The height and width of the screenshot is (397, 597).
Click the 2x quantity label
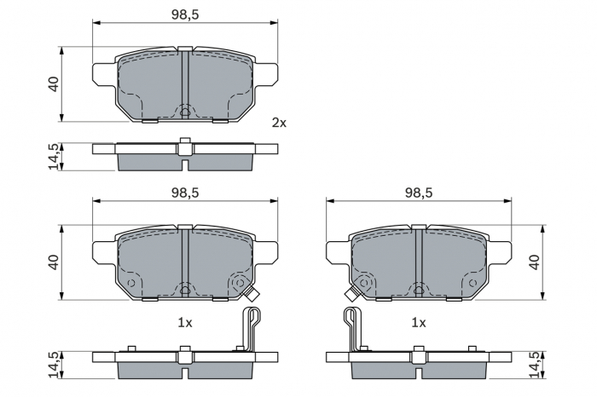279,123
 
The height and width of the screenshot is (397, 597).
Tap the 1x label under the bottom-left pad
185,323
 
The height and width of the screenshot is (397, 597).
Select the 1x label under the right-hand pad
419,323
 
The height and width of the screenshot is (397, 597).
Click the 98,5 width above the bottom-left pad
185,193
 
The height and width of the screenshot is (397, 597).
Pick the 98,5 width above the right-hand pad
419,193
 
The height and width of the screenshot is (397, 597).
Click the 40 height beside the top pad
54,84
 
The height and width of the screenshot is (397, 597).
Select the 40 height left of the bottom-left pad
54,262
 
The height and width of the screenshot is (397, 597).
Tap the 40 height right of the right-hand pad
535,262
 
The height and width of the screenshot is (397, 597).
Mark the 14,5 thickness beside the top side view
54,157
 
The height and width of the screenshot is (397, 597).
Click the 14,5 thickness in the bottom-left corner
54,364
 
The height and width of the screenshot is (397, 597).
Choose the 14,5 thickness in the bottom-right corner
535,364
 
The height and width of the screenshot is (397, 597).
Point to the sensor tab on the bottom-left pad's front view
252,295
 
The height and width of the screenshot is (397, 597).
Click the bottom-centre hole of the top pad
185,111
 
